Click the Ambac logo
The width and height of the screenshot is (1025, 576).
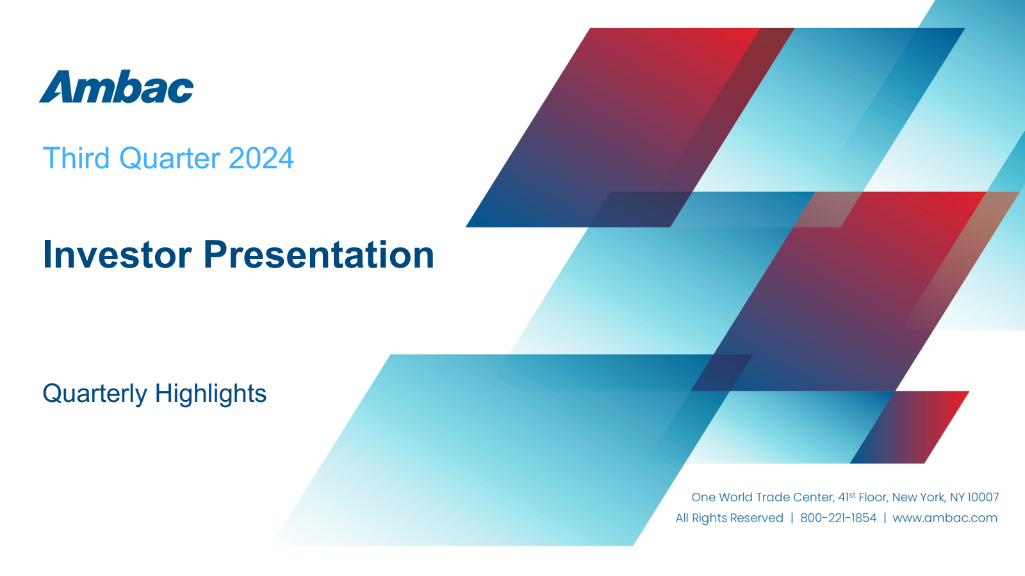[x=116, y=86]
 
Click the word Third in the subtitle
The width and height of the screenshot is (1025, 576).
[x=76, y=158]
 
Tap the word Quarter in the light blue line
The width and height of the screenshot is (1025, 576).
[x=169, y=158]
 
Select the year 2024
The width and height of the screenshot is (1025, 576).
[x=261, y=158]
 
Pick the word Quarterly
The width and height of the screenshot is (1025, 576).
[x=95, y=394]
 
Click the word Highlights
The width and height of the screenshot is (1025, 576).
[x=211, y=394]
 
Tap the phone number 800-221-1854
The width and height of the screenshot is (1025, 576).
[x=839, y=518]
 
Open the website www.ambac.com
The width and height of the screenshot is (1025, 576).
[x=945, y=518]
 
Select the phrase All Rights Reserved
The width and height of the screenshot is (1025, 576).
[x=730, y=518]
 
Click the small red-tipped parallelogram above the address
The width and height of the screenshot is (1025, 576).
[x=910, y=428]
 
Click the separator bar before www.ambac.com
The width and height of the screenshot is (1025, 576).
[x=885, y=518]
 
